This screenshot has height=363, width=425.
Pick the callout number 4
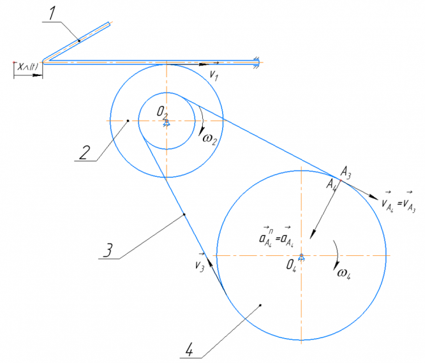pos(189,348)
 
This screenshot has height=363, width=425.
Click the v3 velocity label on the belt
pos(200,262)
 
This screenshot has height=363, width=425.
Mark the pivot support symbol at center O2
pos(166,122)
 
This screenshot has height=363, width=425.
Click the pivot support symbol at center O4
pos(302,257)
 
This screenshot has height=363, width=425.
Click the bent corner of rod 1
pos(43,62)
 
